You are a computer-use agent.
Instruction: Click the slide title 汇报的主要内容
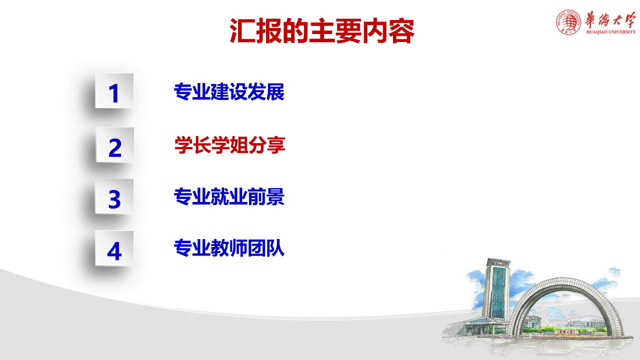tap(322, 31)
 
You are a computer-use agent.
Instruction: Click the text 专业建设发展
tap(229, 92)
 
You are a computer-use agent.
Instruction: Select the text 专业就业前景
tap(229, 197)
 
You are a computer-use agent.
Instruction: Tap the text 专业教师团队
tap(229, 248)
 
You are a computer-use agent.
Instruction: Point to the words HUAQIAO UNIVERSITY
tap(610, 32)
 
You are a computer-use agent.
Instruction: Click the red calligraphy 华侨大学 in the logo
tap(610, 19)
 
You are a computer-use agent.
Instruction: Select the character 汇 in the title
tap(241, 31)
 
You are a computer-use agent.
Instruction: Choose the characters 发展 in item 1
tap(266, 92)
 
